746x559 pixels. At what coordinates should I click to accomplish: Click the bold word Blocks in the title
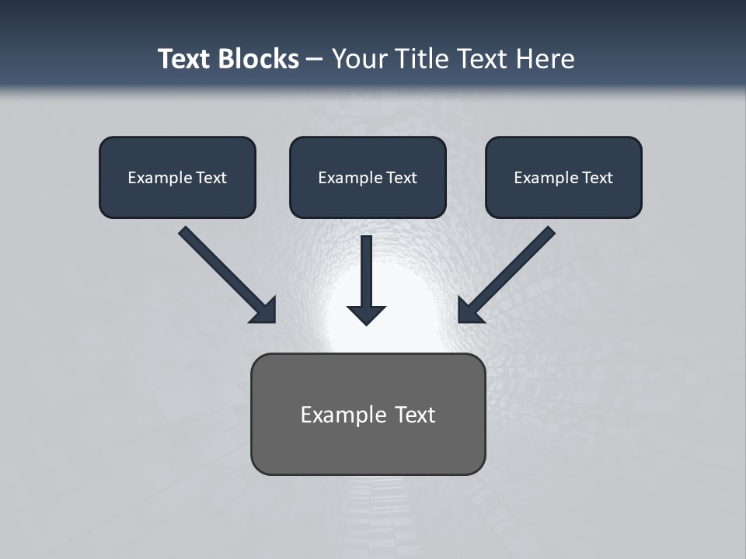click(258, 59)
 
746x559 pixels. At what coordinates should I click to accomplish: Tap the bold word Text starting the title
click(184, 59)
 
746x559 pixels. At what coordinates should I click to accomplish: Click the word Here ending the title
click(546, 59)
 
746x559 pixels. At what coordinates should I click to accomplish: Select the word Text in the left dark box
click(211, 178)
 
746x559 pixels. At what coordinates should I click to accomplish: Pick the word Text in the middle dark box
click(401, 178)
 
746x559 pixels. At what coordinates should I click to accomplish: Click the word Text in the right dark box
click(597, 178)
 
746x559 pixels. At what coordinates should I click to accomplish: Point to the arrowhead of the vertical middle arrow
click(367, 314)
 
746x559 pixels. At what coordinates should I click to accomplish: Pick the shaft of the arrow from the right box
click(514, 267)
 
